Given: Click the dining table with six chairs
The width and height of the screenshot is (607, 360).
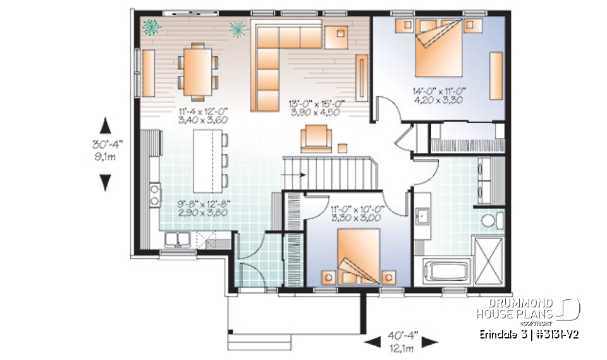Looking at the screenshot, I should point(198,70).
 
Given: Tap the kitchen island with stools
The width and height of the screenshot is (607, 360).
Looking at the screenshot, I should point(207,161).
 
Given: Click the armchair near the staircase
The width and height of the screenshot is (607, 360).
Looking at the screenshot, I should point(316,137).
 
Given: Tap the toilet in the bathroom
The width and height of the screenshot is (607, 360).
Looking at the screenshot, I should point(491,221).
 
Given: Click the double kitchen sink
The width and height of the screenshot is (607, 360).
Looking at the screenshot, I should point(178,239).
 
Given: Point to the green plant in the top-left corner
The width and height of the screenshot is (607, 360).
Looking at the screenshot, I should point(150,27).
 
